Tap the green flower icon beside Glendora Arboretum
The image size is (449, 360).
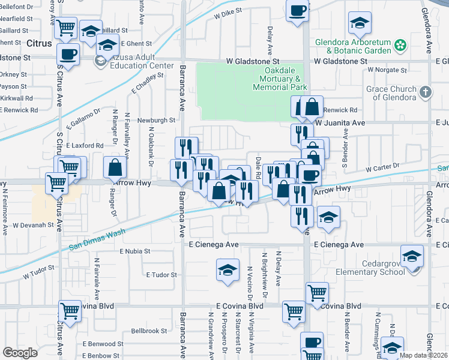(x=400, y=44)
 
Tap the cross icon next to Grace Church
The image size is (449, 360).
(x=426, y=92)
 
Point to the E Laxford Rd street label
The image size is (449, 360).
(x=85, y=145)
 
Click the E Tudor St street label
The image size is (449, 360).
(x=162, y=274)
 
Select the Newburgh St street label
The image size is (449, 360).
(x=155, y=119)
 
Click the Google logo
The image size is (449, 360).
(x=20, y=353)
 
